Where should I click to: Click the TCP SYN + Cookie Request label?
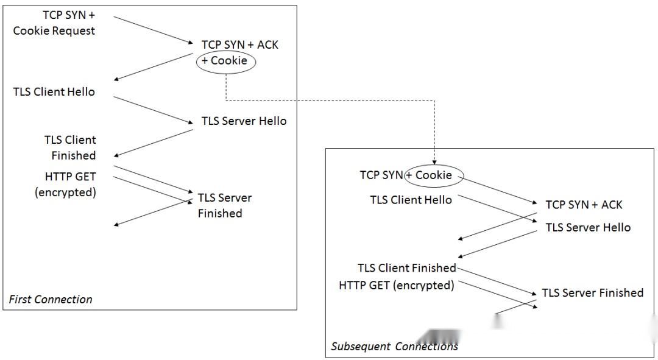click(54, 23)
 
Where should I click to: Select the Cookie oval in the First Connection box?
click(225, 61)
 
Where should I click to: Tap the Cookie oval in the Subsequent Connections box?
click(434, 175)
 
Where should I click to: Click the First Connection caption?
click(51, 299)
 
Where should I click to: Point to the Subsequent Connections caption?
click(394, 347)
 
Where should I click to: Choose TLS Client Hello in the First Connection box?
click(54, 92)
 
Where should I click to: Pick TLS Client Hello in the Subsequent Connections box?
click(411, 200)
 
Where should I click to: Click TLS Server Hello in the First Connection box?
click(244, 121)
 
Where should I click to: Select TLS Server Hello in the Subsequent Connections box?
click(588, 227)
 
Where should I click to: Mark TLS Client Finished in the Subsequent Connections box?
click(407, 267)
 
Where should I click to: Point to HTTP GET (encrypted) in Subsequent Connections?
click(397, 284)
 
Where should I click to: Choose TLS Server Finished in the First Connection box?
click(224, 205)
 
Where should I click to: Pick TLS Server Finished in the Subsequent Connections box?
click(592, 293)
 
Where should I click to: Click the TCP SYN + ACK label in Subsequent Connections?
click(584, 205)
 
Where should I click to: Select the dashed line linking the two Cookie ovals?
click(329, 101)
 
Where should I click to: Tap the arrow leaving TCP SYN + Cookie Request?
click(152, 30)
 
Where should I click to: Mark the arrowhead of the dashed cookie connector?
click(434, 162)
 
